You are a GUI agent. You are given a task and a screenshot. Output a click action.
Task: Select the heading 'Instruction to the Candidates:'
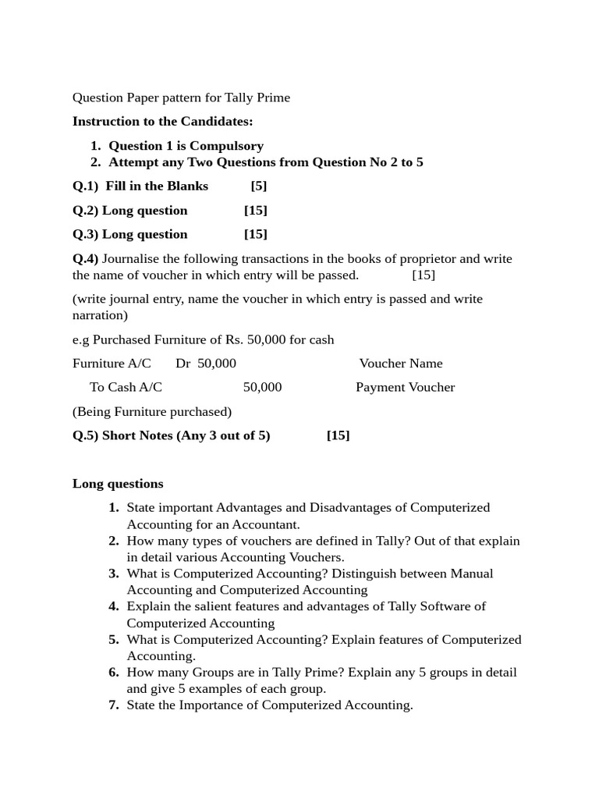163,121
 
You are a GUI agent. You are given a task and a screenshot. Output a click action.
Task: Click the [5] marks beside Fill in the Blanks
259,186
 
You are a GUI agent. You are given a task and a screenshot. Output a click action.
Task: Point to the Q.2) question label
86,210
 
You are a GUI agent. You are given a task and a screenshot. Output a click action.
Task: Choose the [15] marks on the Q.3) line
255,234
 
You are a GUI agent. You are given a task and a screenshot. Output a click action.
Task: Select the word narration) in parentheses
100,315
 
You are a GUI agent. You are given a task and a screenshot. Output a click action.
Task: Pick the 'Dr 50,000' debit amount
206,364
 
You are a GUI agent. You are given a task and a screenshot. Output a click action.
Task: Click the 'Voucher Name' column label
401,364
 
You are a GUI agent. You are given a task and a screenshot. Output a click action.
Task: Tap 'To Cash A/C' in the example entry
126,388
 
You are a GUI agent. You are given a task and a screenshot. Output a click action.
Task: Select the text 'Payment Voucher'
405,388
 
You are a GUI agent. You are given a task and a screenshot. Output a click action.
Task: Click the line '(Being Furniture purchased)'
152,411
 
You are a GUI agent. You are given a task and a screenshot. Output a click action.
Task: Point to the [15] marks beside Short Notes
338,435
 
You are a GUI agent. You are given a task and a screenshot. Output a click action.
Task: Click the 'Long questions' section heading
118,484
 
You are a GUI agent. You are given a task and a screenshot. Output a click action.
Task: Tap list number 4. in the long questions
114,606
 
